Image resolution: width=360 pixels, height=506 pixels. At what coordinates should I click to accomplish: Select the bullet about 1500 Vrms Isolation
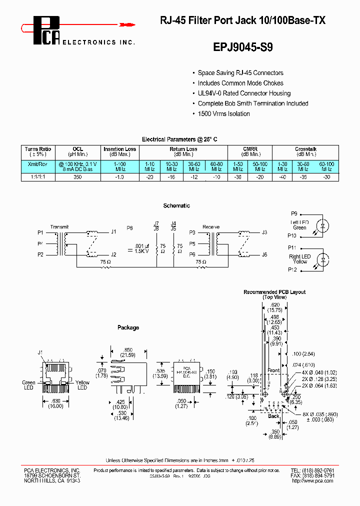tap(223, 113)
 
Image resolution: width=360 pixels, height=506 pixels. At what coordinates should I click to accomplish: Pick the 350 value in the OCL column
tap(77, 177)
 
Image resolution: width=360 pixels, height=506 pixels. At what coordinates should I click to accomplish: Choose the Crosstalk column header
tap(305, 149)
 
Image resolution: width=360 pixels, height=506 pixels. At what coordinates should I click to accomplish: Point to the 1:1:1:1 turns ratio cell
tap(38, 177)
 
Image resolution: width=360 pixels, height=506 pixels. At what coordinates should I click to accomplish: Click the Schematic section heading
tap(176, 205)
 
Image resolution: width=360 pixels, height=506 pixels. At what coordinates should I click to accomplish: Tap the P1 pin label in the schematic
tap(40, 232)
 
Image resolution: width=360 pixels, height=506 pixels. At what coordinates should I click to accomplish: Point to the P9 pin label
tap(294, 213)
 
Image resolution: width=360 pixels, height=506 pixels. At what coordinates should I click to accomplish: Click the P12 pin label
tap(292, 270)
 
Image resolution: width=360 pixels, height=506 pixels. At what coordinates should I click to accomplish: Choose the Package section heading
tap(128, 327)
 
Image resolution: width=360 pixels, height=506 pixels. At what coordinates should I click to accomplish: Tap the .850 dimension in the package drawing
tap(128, 349)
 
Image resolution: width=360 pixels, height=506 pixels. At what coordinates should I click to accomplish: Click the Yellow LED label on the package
tap(82, 385)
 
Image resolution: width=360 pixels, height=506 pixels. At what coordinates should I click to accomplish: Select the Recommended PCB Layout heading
tap(274, 292)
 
